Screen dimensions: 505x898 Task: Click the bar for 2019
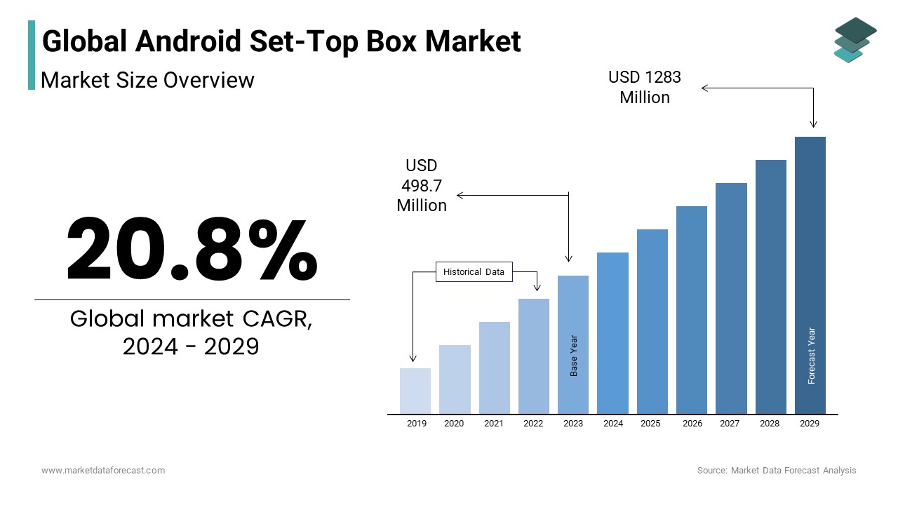[x=415, y=391]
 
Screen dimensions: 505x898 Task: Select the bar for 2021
[x=495, y=368]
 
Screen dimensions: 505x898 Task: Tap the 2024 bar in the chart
[x=612, y=332]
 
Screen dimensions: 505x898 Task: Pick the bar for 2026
[x=692, y=309]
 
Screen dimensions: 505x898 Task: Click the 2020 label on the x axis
[x=454, y=424]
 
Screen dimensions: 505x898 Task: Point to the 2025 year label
[x=650, y=424]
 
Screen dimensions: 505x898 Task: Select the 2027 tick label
[x=730, y=424]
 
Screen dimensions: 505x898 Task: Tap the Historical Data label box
[x=474, y=272]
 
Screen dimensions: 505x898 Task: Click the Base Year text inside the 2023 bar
[x=574, y=356]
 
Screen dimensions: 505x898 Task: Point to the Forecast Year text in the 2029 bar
[x=812, y=356]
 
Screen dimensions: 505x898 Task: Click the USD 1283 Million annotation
[x=645, y=87]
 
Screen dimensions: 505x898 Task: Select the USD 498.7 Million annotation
[x=422, y=185]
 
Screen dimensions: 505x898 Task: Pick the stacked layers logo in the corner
[x=855, y=39]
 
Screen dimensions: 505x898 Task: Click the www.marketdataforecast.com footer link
[x=103, y=471]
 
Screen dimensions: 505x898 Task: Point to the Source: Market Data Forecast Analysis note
[x=777, y=471]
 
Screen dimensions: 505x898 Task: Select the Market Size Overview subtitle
[x=147, y=80]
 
